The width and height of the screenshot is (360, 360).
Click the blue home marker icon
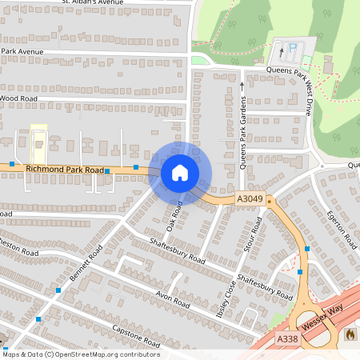pyautogui.click(x=180, y=172)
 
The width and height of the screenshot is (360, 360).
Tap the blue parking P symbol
pyautogui.click(x=292, y=49)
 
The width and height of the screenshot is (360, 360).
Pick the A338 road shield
pyautogui.click(x=288, y=339)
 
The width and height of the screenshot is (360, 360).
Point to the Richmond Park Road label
pyautogui.click(x=66, y=170)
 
